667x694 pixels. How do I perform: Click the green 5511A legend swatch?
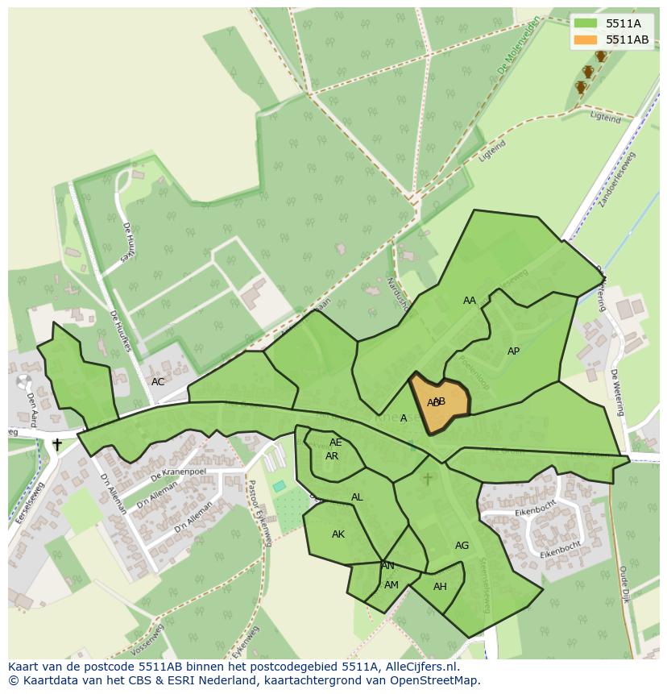(586, 23)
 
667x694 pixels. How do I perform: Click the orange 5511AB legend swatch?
(586, 39)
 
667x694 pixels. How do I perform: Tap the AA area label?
(470, 301)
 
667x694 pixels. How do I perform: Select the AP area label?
(513, 351)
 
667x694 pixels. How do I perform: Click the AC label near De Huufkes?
(158, 382)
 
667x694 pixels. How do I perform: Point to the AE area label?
(336, 443)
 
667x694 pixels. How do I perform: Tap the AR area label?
(332, 456)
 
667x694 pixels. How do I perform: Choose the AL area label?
(357, 497)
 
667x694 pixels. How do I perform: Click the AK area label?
(338, 534)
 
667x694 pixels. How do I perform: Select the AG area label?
(462, 546)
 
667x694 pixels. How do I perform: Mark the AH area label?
(440, 587)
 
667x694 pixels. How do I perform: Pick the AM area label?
(391, 585)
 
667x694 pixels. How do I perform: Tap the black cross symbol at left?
(57, 444)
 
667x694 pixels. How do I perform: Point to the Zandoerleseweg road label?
(617, 179)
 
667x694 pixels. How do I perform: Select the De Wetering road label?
(618, 393)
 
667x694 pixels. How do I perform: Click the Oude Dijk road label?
(623, 584)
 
